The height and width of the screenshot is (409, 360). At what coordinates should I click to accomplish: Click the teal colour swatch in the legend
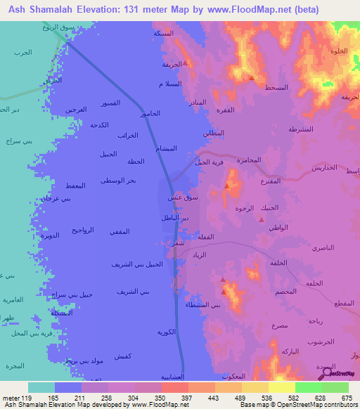pyautogui.click(x=41, y=387)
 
